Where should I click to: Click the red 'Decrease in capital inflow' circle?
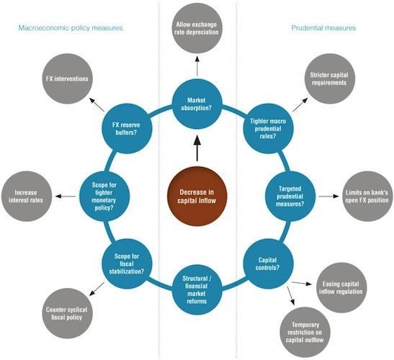tap(197, 197)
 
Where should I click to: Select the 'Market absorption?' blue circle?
tap(197, 104)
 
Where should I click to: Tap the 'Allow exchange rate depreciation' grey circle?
tap(197, 28)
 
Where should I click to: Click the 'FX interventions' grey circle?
tap(67, 78)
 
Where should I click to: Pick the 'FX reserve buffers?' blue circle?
tap(127, 128)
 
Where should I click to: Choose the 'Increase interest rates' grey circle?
tap(27, 197)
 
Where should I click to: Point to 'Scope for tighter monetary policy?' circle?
tap(104, 197)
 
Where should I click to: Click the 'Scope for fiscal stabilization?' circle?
tap(127, 264)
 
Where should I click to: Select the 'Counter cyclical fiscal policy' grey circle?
tap(67, 313)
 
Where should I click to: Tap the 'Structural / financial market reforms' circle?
tap(197, 289)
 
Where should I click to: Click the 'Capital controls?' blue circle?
tap(269, 264)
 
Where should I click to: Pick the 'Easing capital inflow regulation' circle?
tap(341, 288)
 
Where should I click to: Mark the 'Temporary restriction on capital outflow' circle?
tap(305, 332)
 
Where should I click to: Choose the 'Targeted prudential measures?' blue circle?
tap(290, 197)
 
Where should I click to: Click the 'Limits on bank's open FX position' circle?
tap(367, 197)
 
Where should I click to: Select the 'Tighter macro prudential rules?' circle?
tap(269, 128)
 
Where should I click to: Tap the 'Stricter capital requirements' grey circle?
tap(330, 78)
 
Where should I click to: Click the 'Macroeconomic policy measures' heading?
tap(71, 27)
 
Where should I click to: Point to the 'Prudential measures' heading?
tap(323, 27)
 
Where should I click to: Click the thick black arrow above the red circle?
tap(197, 148)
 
